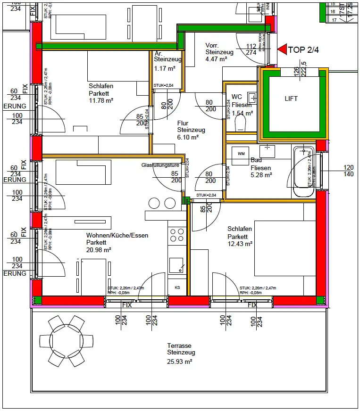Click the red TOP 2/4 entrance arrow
[282, 49]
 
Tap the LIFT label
[291, 99]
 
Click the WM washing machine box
[241, 154]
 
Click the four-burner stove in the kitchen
[177, 235]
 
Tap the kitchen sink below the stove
[177, 265]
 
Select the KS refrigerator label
[177, 287]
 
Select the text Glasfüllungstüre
[160, 165]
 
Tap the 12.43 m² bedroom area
[240, 244]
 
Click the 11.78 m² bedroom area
[101, 100]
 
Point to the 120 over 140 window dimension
[348, 171]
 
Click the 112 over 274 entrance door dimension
[251, 49]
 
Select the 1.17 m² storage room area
[165, 68]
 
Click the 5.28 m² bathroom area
[261, 175]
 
